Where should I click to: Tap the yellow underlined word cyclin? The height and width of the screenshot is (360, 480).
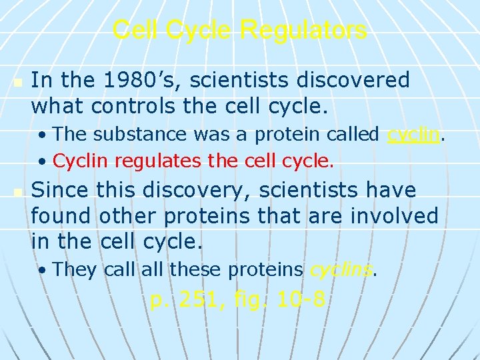(414, 134)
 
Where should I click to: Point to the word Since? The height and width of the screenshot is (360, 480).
(60, 191)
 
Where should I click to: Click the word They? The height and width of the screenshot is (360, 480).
(75, 269)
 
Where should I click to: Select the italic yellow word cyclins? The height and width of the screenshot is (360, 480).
(341, 269)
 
